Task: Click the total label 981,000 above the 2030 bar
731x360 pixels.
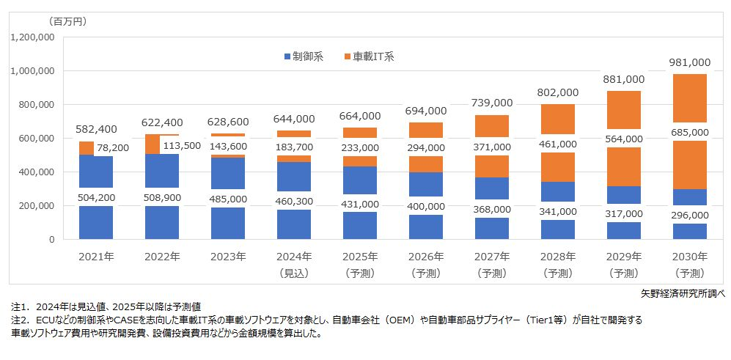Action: pyautogui.click(x=689, y=62)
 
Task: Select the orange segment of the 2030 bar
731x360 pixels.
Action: pyautogui.click(x=689, y=99)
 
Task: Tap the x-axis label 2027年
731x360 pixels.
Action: pyautogui.click(x=491, y=257)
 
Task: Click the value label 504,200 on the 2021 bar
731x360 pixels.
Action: pyautogui.click(x=95, y=196)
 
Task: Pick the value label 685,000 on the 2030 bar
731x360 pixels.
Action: pyautogui.click(x=689, y=133)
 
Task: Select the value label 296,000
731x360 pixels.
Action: pyautogui.click(x=689, y=216)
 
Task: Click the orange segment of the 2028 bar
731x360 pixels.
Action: pyautogui.click(x=558, y=119)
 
